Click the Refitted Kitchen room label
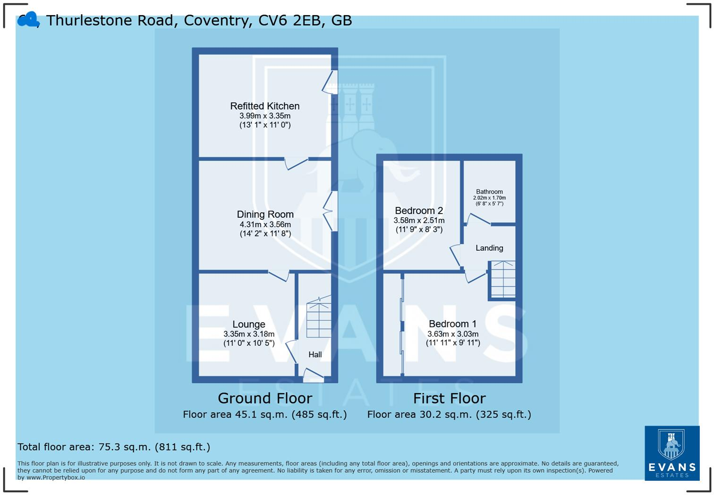tap(264, 106)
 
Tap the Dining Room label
tap(265, 214)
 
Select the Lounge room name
tap(248, 324)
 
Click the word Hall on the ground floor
tap(315, 355)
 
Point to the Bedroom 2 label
tap(419, 211)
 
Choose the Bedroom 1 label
tap(452, 324)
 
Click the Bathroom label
tap(489, 192)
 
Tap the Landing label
tap(489, 248)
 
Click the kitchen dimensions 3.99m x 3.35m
tap(264, 116)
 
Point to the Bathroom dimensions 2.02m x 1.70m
tap(489, 198)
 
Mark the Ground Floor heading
tap(264, 398)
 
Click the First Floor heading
tap(449, 398)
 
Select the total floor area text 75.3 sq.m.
tap(113, 447)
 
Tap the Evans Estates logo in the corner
tap(672, 453)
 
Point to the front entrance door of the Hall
tap(313, 376)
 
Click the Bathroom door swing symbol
tap(478, 219)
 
